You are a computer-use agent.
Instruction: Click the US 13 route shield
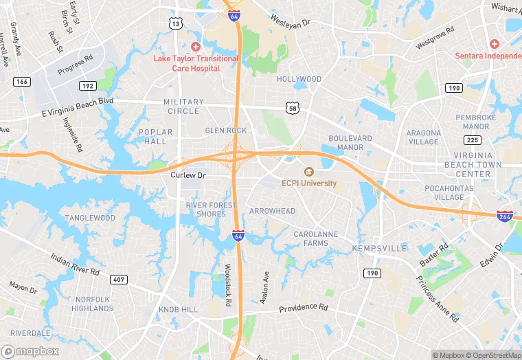click(x=176, y=24)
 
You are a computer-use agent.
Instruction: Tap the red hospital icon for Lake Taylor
click(x=196, y=46)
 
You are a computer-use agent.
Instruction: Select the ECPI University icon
click(x=308, y=172)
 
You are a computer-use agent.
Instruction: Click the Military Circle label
click(x=183, y=106)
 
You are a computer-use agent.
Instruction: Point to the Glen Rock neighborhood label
click(x=225, y=131)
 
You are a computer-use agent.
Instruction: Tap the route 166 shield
click(x=22, y=82)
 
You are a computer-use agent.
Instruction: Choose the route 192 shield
click(x=87, y=86)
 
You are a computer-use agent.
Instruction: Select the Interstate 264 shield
click(x=505, y=216)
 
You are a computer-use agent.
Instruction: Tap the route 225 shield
click(x=473, y=140)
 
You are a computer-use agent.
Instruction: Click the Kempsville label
click(x=375, y=248)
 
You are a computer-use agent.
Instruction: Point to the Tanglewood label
click(x=90, y=218)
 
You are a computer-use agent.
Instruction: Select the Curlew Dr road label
click(x=188, y=176)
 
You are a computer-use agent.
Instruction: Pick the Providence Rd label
click(x=303, y=307)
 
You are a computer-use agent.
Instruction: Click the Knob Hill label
click(x=178, y=311)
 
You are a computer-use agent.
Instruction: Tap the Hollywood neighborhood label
click(x=299, y=79)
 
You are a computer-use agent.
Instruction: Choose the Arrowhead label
click(x=272, y=211)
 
